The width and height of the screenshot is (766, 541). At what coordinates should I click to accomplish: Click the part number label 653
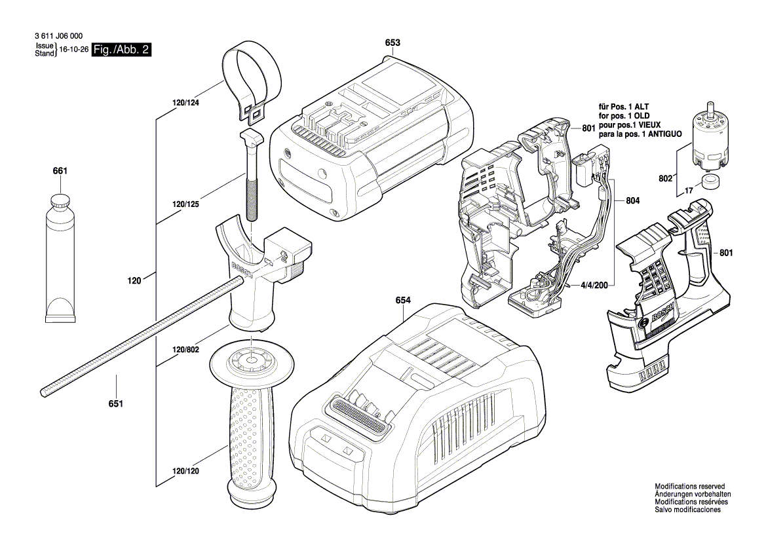tap(393, 43)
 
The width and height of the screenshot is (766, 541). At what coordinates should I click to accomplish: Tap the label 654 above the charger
tap(404, 301)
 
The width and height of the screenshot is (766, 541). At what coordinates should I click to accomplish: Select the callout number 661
tap(60, 171)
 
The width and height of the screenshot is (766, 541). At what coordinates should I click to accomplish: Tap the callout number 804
tap(633, 200)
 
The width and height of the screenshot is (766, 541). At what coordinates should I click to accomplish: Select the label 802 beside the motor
tap(666, 177)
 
